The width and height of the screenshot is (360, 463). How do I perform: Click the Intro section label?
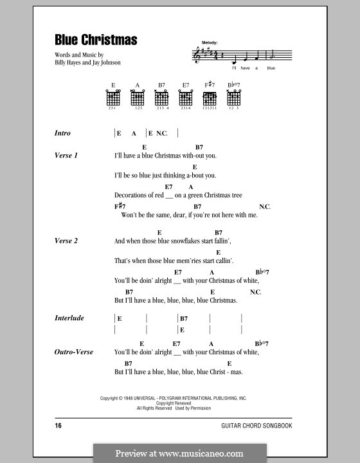(x=62, y=133)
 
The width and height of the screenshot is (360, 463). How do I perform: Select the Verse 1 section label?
(x=66, y=156)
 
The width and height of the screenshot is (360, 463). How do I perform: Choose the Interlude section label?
(x=69, y=318)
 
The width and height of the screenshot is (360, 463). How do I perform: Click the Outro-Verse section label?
(x=75, y=352)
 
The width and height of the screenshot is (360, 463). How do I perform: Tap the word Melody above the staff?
(x=209, y=42)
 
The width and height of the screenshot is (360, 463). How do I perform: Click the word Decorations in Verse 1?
(x=133, y=195)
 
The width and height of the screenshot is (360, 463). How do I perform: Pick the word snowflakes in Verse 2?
(x=172, y=241)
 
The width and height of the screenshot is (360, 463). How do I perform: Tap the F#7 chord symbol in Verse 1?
(x=120, y=206)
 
